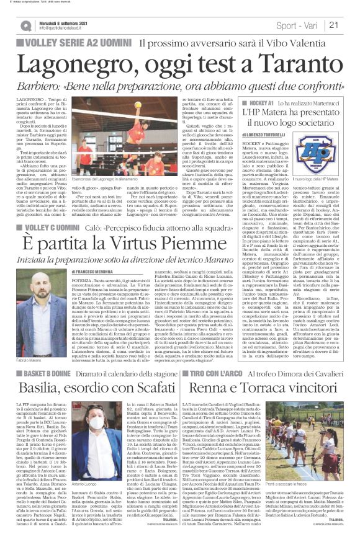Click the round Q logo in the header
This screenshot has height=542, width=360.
pyautogui.click(x=25, y=25)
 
